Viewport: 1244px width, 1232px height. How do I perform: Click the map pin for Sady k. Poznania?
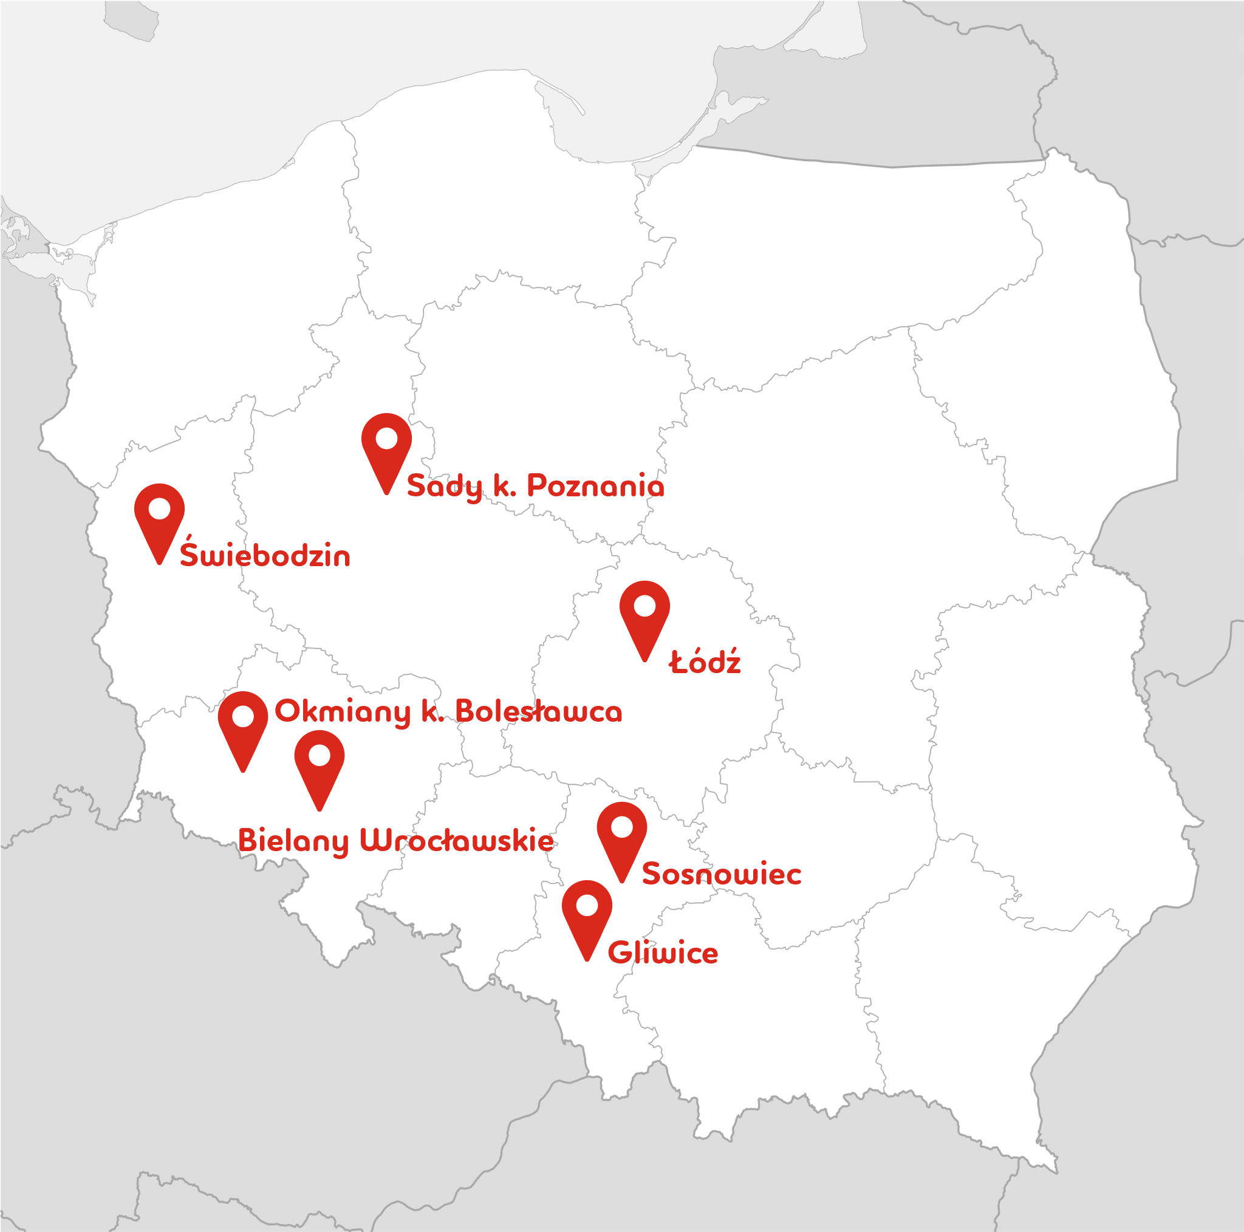(x=386, y=448)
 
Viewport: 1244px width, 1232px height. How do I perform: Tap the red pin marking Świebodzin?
(x=159, y=518)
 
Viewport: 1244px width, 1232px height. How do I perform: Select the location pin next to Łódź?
(x=644, y=615)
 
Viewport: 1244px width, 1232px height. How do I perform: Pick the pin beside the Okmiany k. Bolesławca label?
(x=243, y=726)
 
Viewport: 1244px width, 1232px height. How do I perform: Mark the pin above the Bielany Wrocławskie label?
(x=320, y=764)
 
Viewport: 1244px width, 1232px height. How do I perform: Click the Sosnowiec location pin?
(x=621, y=836)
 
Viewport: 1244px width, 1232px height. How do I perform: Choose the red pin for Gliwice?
(x=587, y=914)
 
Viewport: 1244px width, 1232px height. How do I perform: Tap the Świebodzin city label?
(x=265, y=555)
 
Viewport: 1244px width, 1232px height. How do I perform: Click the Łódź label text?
(x=705, y=662)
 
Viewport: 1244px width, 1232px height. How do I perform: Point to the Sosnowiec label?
(x=721, y=874)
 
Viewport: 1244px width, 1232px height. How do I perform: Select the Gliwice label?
(x=663, y=953)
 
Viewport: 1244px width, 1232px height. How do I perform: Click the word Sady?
(x=444, y=486)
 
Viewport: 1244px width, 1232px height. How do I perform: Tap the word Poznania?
(x=596, y=485)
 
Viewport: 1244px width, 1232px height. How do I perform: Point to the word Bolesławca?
(x=539, y=711)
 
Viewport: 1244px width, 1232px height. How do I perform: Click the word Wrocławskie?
(x=457, y=840)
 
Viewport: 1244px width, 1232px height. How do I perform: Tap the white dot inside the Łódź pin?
(x=644, y=606)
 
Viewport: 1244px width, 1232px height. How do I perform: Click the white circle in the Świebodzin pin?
(x=159, y=508)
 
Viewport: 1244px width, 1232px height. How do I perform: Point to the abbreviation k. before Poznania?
(x=504, y=485)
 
